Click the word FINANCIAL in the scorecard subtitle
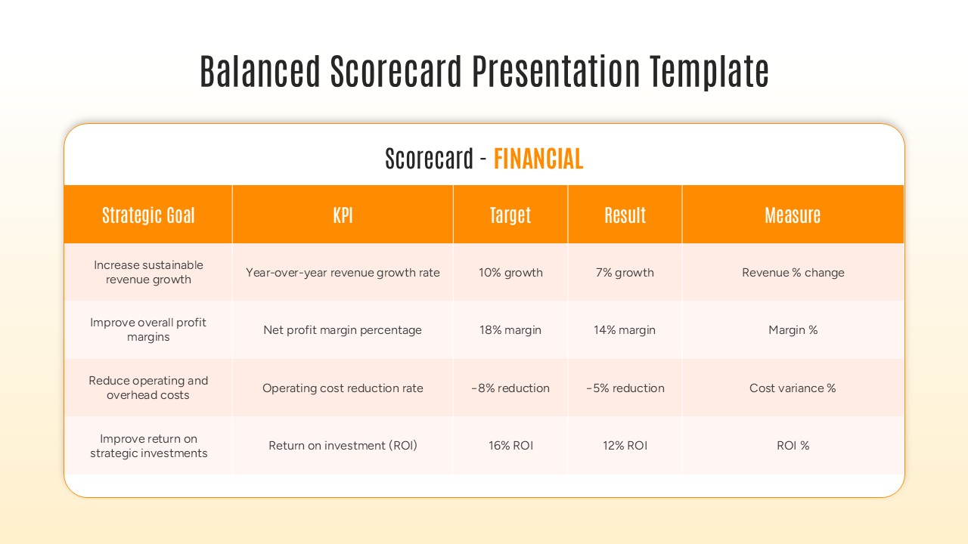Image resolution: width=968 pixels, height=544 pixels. click(x=538, y=159)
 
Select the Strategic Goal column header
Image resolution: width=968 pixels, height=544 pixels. click(x=148, y=215)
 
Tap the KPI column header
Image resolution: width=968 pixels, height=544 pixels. click(x=343, y=215)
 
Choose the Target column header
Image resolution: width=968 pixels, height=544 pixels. click(x=510, y=215)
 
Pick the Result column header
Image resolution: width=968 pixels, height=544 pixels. click(x=625, y=215)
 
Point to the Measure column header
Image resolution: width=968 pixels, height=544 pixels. click(x=793, y=215)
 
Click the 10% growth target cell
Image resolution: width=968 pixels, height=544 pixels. click(x=510, y=273)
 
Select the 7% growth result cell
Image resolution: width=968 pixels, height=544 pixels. click(x=625, y=273)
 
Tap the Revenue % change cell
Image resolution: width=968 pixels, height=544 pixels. click(x=793, y=273)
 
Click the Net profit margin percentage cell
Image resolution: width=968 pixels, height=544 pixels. click(x=343, y=330)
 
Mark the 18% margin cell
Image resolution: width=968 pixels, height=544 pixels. click(x=510, y=330)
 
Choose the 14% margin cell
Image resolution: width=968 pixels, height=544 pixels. click(x=625, y=330)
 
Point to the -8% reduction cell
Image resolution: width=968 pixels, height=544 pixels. click(x=510, y=388)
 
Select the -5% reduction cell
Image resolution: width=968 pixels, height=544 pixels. click(x=625, y=388)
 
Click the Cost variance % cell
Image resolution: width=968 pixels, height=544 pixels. click(x=793, y=388)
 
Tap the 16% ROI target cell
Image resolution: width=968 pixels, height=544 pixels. click(x=510, y=446)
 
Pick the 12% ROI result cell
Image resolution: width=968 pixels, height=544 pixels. click(x=625, y=446)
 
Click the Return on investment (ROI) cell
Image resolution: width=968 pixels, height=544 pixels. click(x=343, y=446)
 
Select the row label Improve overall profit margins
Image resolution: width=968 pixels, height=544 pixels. click(x=148, y=330)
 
